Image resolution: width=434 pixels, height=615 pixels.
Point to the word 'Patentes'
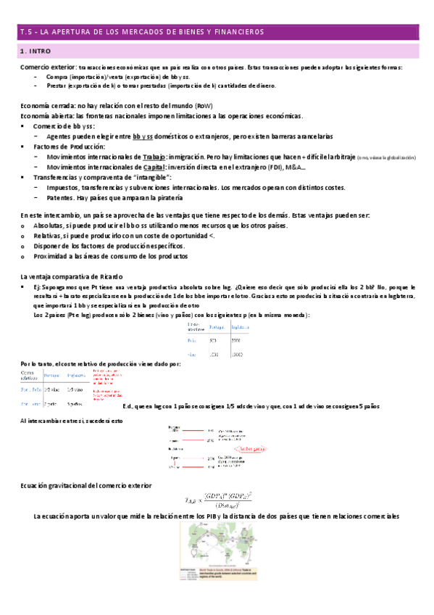pos(60,197)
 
